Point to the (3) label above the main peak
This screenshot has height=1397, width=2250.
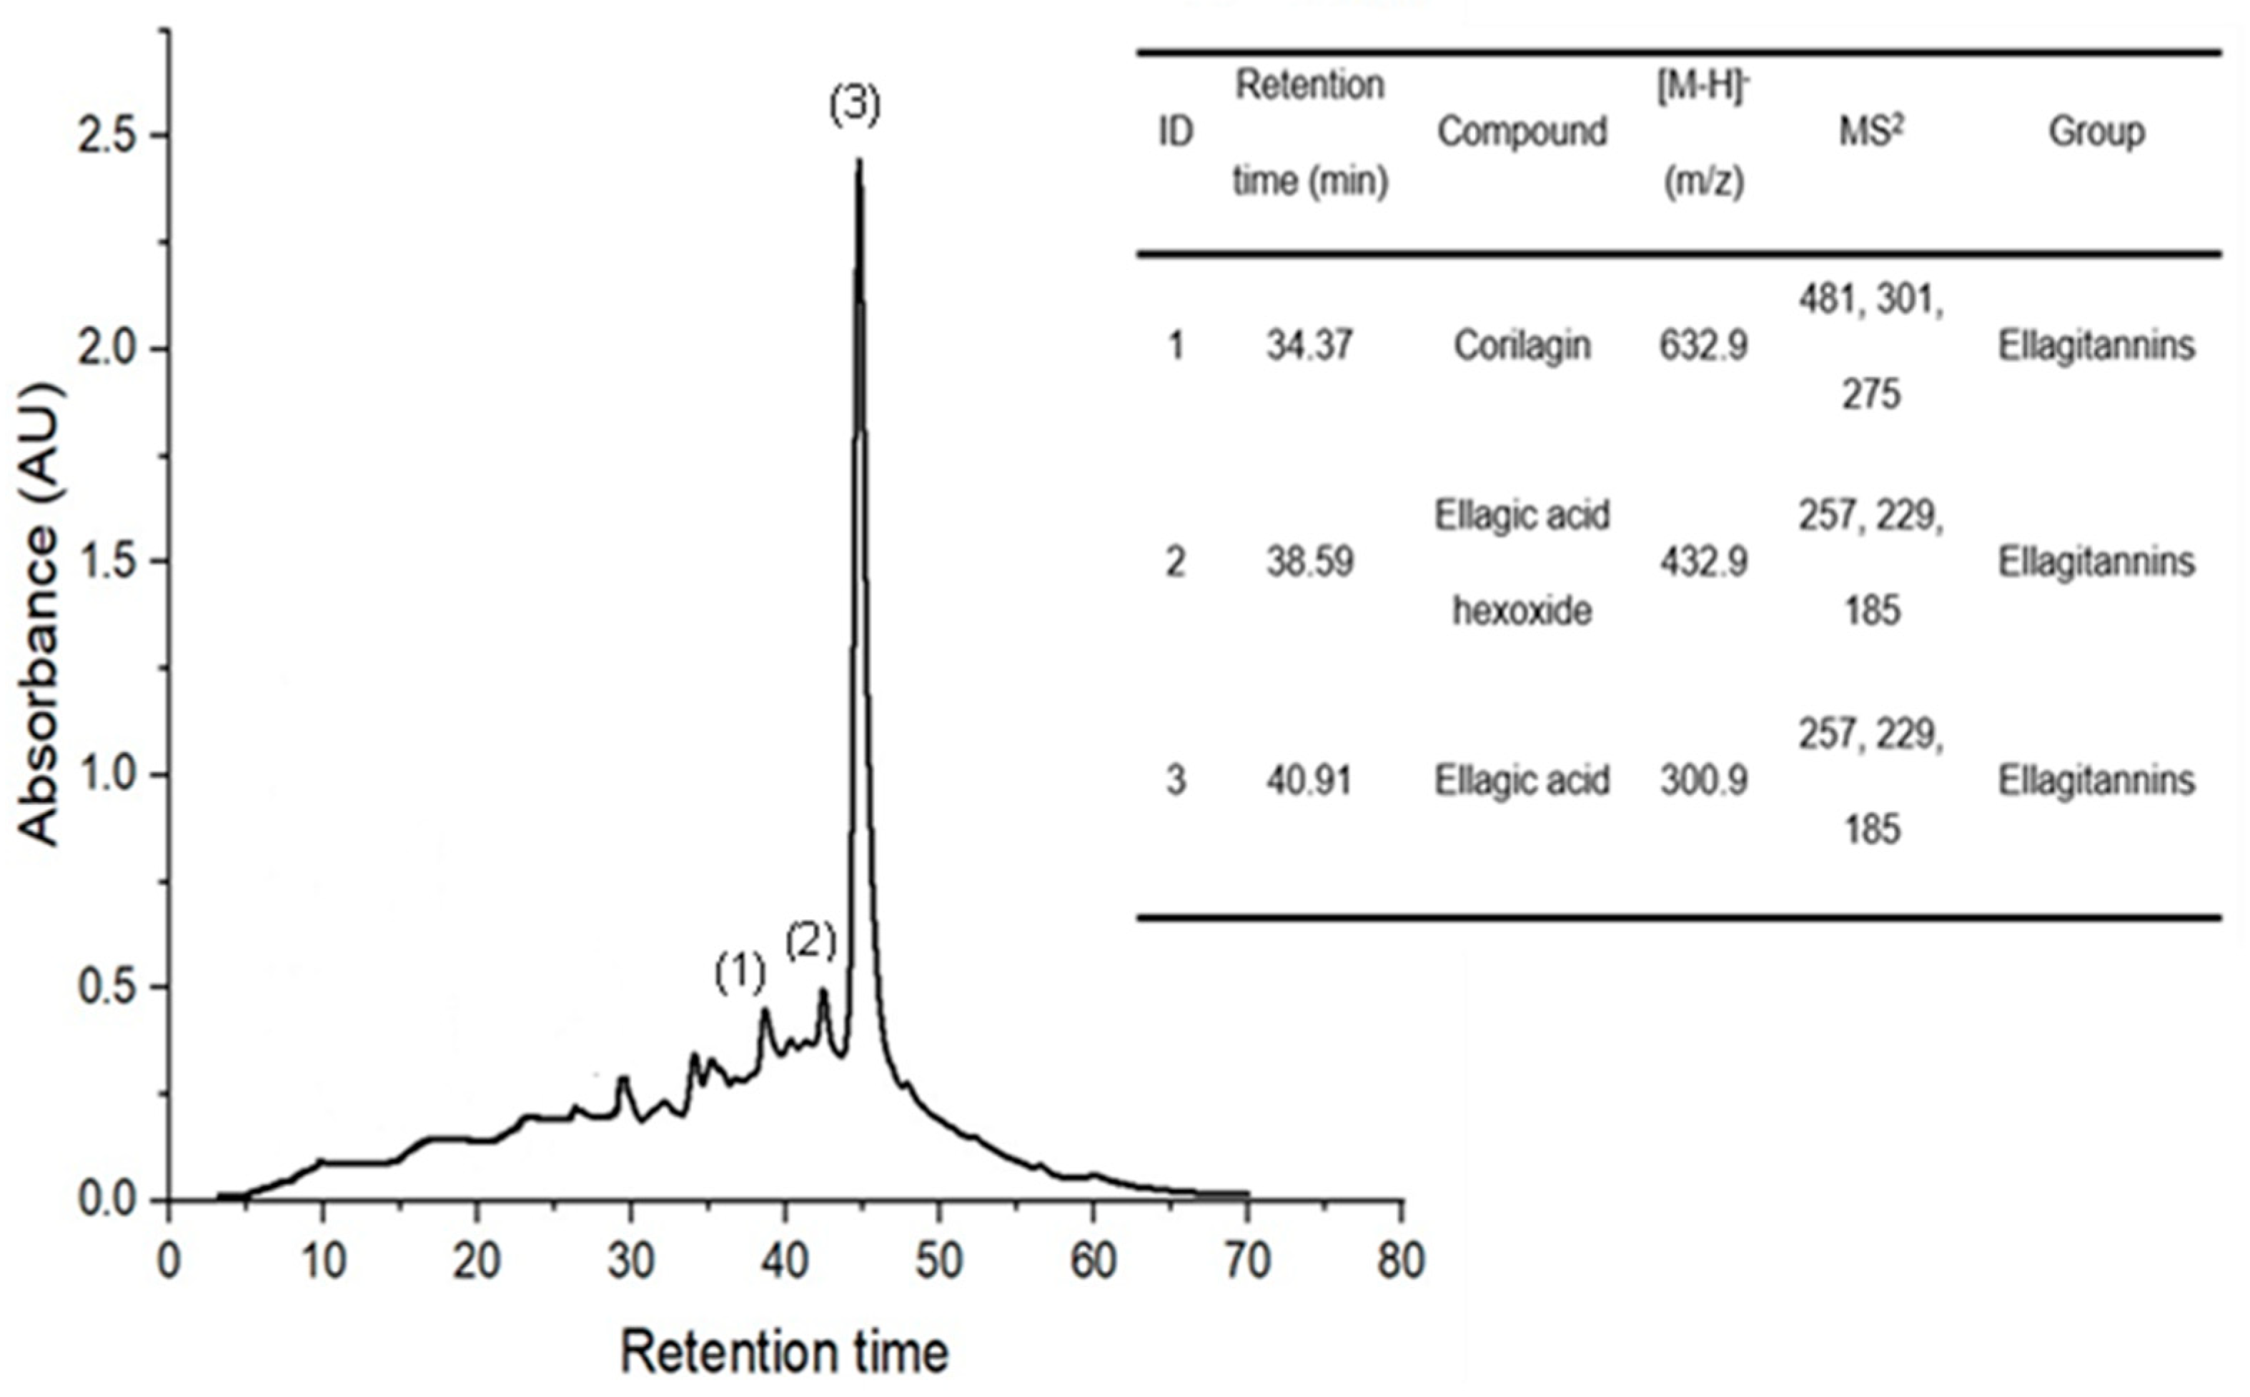(854, 105)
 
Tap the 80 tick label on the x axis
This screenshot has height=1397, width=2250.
(1400, 1261)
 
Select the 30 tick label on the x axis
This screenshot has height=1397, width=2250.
(631, 1261)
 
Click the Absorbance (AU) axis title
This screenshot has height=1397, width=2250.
(39, 614)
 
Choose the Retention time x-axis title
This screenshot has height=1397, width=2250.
(784, 1352)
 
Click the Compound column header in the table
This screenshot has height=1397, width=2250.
(1522, 132)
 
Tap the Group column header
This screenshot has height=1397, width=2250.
(2096, 132)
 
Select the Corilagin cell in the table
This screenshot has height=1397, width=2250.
(1522, 346)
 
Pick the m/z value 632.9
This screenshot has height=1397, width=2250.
(1703, 346)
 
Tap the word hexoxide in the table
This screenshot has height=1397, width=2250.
(1522, 611)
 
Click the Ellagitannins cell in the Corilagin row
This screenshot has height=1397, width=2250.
(2096, 346)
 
